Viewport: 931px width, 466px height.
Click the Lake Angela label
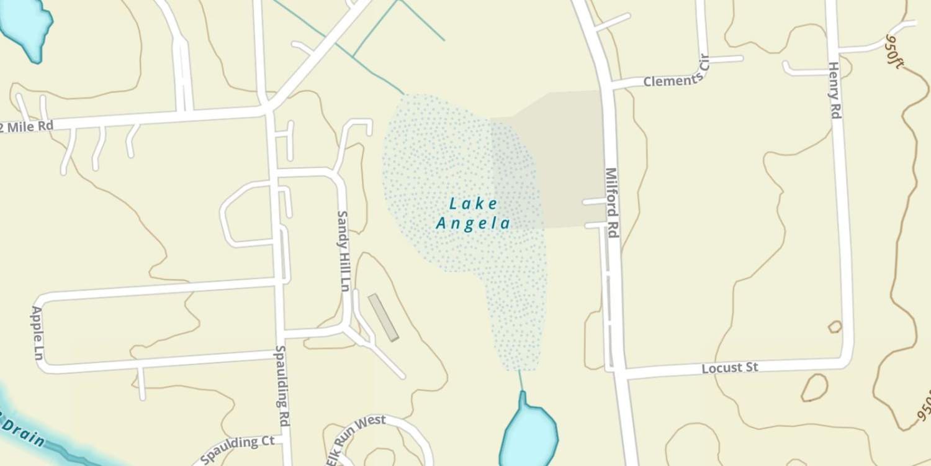[x=473, y=213]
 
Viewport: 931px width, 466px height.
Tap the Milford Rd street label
[x=613, y=203]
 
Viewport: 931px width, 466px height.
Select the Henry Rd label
[x=834, y=90]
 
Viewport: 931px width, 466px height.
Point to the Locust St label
[x=730, y=368]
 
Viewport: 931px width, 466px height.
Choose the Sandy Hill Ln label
[x=343, y=251]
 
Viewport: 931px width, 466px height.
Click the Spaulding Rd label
[x=282, y=385]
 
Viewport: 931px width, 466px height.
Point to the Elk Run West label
[x=354, y=437]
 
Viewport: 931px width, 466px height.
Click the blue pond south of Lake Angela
[x=528, y=435]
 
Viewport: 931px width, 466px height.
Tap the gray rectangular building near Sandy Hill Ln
[x=383, y=318]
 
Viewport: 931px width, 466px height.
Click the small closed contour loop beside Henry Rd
[x=835, y=326]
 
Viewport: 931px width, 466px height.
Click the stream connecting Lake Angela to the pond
[x=521, y=380]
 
